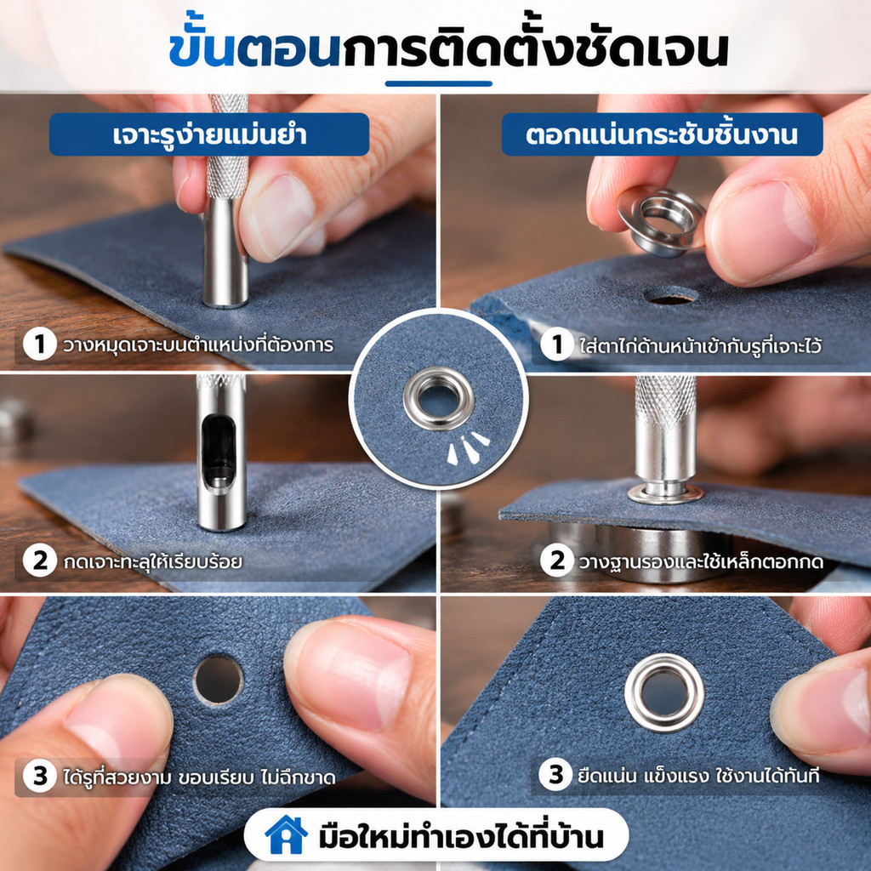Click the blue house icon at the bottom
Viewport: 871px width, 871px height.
(x=286, y=835)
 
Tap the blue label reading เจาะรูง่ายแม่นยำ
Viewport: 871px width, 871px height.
(x=209, y=134)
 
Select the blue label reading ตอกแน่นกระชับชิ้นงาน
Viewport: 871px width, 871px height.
(x=662, y=134)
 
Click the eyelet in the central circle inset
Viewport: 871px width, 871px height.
(x=439, y=398)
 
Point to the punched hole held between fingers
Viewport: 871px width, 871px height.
(x=219, y=680)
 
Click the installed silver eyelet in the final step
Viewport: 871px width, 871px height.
(x=664, y=692)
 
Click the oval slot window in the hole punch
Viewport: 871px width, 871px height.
(x=218, y=453)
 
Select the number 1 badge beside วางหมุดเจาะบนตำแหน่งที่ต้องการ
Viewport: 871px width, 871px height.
(x=39, y=344)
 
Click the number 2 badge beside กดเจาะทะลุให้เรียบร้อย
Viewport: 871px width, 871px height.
(x=39, y=561)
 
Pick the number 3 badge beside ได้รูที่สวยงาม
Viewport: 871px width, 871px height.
(x=39, y=776)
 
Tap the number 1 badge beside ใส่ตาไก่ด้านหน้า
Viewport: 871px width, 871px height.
(x=556, y=344)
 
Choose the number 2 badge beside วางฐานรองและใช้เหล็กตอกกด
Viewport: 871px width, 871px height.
(x=556, y=561)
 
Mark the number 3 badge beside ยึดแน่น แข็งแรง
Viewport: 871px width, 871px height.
(x=555, y=774)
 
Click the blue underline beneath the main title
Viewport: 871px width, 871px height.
(x=439, y=84)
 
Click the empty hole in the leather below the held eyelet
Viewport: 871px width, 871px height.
(x=670, y=295)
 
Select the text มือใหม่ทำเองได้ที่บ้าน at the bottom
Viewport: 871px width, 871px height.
(x=461, y=837)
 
